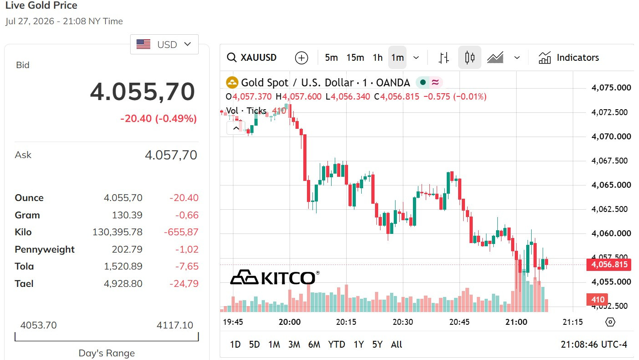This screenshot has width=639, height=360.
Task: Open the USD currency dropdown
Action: coord(164,44)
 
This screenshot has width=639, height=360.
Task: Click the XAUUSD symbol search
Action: coord(252,58)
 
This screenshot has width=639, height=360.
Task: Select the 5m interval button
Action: coord(331,58)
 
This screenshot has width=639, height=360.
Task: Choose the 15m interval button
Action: coord(355,58)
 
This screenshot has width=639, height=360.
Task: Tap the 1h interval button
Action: coord(378,58)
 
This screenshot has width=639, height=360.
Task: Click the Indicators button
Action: coord(569,58)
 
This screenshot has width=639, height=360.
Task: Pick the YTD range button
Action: coord(337,344)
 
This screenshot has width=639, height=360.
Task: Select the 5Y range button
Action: coord(377,344)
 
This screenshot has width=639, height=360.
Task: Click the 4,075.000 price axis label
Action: coord(611,88)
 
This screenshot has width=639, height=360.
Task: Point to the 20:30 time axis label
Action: coord(403,322)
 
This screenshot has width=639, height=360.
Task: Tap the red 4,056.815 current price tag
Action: coord(609,265)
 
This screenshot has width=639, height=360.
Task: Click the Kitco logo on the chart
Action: coord(275,277)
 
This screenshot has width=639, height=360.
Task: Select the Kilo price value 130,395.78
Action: coord(117,232)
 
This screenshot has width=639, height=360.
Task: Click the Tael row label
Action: coord(24,284)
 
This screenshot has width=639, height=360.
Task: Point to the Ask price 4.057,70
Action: coord(171,155)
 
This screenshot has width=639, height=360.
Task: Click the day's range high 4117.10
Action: coord(174,325)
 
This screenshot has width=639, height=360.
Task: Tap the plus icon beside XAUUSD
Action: coord(301,58)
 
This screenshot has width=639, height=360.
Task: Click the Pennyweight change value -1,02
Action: coord(187,249)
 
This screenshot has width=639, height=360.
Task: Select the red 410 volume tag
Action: coord(597,299)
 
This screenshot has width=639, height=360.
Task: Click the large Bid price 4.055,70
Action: coord(143,92)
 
